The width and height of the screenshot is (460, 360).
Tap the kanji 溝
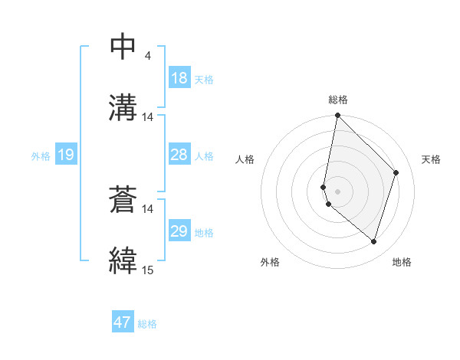click(123, 106)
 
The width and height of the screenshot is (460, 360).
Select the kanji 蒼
click(123, 201)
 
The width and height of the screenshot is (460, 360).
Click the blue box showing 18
click(179, 78)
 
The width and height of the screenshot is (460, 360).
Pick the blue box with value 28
click(179, 155)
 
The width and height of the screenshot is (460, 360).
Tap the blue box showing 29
click(179, 231)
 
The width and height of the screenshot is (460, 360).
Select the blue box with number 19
click(66, 155)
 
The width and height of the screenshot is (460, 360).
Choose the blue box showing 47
click(123, 322)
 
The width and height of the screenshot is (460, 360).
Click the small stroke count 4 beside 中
click(148, 56)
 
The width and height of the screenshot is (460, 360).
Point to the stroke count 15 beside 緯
click(148, 270)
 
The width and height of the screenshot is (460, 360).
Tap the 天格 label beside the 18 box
click(204, 79)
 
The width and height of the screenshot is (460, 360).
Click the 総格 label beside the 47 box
click(147, 324)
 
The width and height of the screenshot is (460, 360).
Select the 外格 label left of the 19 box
click(40, 156)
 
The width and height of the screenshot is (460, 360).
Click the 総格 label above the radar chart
click(338, 100)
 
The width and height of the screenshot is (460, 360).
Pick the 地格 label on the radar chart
click(402, 262)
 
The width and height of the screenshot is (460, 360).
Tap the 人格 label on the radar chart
click(245, 159)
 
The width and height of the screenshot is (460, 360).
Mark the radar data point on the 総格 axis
click(337, 116)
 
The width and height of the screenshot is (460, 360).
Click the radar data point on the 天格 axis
click(396, 172)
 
